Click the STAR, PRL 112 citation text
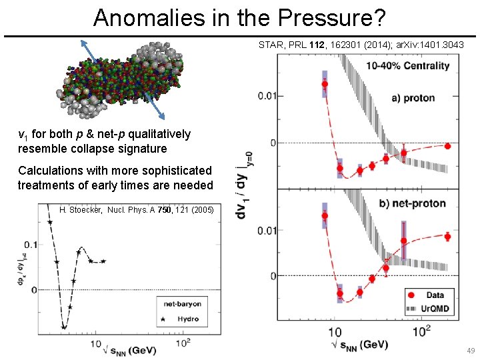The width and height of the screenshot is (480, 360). (x=361, y=45)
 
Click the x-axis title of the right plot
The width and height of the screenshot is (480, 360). (x=355, y=345)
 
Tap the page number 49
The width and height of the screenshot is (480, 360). (x=471, y=351)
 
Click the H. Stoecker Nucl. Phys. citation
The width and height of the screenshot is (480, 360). (x=137, y=210)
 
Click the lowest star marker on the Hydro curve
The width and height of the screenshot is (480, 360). (x=64, y=327)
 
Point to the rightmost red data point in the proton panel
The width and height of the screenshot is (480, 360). (x=447, y=146)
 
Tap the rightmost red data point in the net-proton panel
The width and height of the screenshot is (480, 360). (x=447, y=237)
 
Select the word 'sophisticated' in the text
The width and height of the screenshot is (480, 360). (x=175, y=171)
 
